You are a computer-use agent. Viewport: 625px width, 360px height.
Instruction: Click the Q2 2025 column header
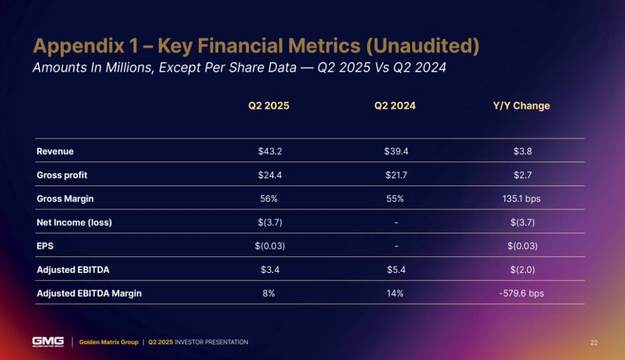[x=269, y=106]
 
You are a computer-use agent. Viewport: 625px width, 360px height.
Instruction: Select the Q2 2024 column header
[x=395, y=106]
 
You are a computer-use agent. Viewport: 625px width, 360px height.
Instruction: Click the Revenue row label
[x=55, y=152]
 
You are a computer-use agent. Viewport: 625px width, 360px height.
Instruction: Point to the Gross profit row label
[x=61, y=175]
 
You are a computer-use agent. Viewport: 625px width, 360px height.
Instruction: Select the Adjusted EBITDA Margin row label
[x=89, y=293]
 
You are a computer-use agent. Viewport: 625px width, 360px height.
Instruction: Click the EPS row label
[x=44, y=246]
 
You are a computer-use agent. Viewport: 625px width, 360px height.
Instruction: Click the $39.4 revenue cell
[x=396, y=152]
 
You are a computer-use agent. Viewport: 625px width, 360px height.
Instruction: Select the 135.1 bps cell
[x=520, y=198]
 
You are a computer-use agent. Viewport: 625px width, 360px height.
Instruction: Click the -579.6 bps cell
[x=520, y=293]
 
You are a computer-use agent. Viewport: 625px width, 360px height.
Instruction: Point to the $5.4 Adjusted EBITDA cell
[x=396, y=270]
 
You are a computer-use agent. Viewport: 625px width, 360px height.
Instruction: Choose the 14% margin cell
[x=396, y=293]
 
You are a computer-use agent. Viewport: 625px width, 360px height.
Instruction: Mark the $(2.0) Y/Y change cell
[x=520, y=270]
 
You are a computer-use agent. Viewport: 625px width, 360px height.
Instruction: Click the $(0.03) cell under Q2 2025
[x=270, y=246]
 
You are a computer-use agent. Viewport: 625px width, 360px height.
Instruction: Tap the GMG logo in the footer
[x=48, y=342]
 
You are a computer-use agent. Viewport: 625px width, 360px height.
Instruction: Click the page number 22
[x=594, y=342]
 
